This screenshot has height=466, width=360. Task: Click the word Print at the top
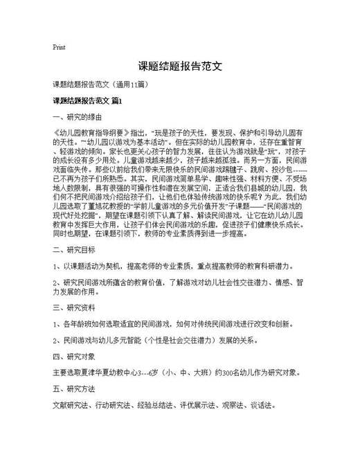pos(59,48)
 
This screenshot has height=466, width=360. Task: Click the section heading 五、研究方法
pos(73,388)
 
